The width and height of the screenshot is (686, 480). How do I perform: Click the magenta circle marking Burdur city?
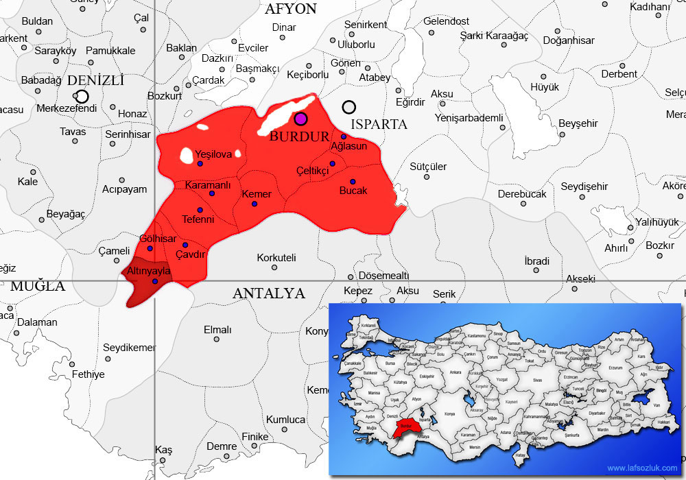300,119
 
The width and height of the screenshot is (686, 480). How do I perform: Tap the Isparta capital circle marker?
349,107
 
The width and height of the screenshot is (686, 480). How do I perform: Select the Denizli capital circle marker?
82,97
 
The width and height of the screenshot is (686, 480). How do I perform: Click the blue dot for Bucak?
353,182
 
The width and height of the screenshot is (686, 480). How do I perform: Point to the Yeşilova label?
213,154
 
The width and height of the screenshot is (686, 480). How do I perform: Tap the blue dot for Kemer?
255,204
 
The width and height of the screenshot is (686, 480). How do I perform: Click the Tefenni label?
198,219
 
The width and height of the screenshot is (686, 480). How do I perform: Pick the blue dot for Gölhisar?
150,248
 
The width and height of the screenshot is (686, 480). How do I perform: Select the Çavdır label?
191,254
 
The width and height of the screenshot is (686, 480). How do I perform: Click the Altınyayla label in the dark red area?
149,271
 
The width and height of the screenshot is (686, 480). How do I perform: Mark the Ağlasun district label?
349,146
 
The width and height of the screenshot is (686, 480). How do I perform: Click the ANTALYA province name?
268,293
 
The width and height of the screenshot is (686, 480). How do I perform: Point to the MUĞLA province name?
38,286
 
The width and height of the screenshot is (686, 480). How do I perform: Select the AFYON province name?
291,9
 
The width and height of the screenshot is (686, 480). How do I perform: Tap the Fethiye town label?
88,374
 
